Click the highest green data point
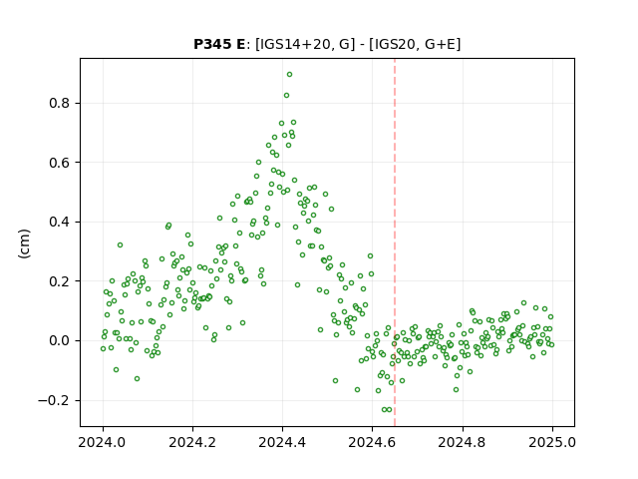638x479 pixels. click(x=290, y=75)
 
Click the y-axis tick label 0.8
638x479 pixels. click(x=60, y=103)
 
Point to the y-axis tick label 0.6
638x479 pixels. click(x=60, y=163)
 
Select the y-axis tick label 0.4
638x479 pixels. click(x=60, y=222)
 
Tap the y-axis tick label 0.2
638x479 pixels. click(x=60, y=281)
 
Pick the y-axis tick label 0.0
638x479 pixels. click(x=60, y=341)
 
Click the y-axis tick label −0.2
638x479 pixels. click(x=54, y=400)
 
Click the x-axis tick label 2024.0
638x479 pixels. click(x=103, y=442)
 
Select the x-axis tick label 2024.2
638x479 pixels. click(x=192, y=442)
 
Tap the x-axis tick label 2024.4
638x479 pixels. click(x=282, y=442)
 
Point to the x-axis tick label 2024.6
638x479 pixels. click(x=372, y=442)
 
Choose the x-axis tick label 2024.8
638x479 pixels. click(x=463, y=442)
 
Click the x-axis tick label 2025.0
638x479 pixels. click(x=552, y=442)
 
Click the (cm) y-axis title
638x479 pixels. click(x=24, y=243)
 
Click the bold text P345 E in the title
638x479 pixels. click(x=219, y=44)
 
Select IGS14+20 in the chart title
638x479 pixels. click(x=294, y=44)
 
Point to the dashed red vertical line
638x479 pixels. click(x=395, y=242)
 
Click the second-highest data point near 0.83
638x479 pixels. click(x=286, y=96)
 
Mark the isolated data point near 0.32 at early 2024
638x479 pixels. click(x=120, y=245)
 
